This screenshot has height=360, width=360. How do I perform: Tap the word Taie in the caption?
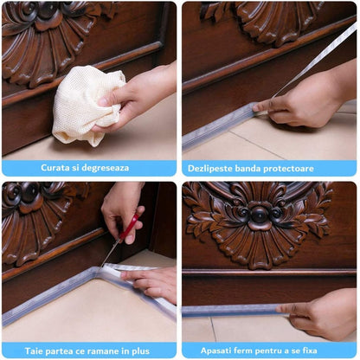(x=34, y=351)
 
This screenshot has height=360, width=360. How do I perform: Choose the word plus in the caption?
(x=140, y=351)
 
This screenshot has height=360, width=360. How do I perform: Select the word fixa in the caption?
(x=310, y=350)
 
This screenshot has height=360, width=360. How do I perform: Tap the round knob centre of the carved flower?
(x=259, y=215)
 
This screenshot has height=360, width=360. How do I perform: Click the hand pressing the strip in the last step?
(x=318, y=314)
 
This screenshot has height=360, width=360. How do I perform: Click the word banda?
(x=247, y=168)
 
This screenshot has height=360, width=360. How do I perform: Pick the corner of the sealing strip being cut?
(x=98, y=271)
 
